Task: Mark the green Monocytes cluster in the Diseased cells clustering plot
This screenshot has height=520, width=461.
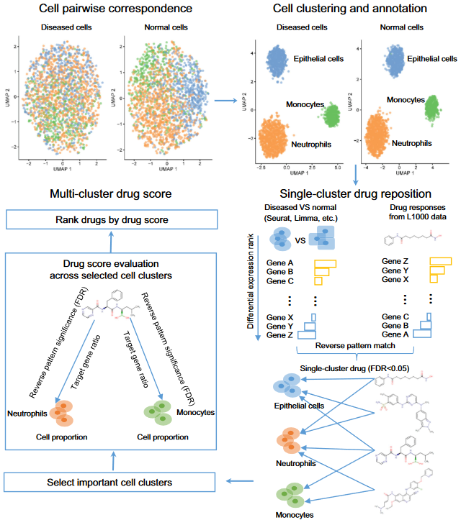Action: pyautogui.click(x=331, y=114)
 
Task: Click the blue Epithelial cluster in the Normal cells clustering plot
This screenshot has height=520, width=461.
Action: pyautogui.click(x=395, y=60)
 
